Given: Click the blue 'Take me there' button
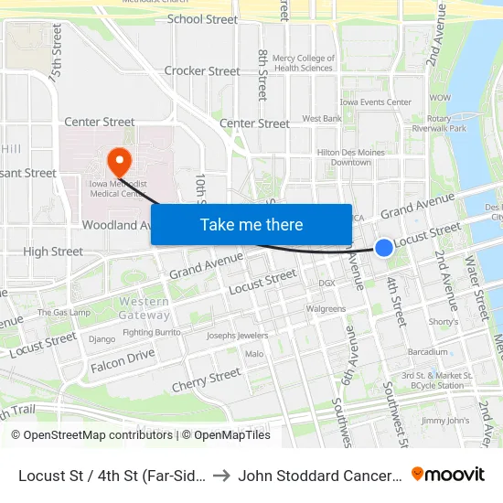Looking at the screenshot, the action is pyautogui.click(x=251, y=225).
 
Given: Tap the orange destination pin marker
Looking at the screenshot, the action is pyautogui.click(x=119, y=163).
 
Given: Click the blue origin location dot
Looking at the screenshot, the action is pyautogui.click(x=384, y=247).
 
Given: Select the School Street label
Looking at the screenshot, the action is pyautogui.click(x=202, y=19).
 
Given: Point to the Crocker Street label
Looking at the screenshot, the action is pyautogui.click(x=202, y=70).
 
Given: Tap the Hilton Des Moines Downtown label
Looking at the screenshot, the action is pyautogui.click(x=344, y=157).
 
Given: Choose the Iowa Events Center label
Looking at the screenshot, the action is pyautogui.click(x=375, y=102).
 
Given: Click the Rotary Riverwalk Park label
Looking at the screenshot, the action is pyautogui.click(x=445, y=123).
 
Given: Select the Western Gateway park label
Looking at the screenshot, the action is pyautogui.click(x=144, y=307).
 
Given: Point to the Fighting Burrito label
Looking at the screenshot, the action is pyautogui.click(x=152, y=332).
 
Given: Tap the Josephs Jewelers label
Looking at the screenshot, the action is pyautogui.click(x=238, y=336).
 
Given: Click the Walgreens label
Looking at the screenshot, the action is pyautogui.click(x=326, y=309).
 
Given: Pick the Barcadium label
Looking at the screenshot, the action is pyautogui.click(x=428, y=352).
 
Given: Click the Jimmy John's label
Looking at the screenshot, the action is pyautogui.click(x=445, y=421).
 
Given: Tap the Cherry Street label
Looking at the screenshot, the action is pyautogui.click(x=207, y=380).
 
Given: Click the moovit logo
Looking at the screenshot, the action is pyautogui.click(x=448, y=474).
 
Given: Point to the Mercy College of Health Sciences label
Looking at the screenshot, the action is pyautogui.click(x=303, y=63).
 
